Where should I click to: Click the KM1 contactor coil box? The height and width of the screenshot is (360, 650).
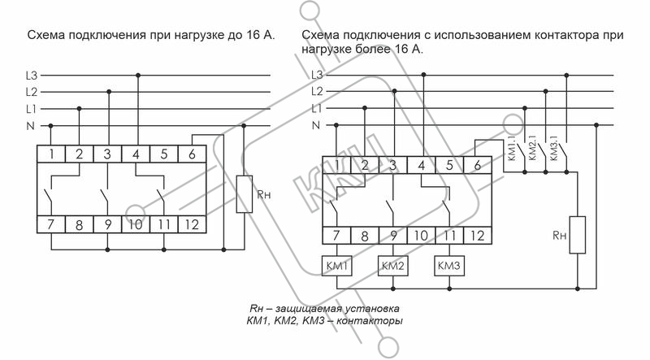[x=336, y=266]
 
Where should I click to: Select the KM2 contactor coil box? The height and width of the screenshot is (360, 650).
[x=393, y=266]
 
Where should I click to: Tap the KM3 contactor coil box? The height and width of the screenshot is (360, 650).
[x=449, y=266]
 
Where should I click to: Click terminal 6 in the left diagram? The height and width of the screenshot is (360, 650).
[x=192, y=154]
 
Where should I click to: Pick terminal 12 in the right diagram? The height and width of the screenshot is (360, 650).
[x=478, y=236]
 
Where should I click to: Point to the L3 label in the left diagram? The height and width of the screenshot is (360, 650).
[x=32, y=76]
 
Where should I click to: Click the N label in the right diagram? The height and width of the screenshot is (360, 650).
[x=316, y=125]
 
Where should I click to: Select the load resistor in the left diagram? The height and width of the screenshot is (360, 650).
[x=245, y=194]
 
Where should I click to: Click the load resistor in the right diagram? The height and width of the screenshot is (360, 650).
[x=578, y=235]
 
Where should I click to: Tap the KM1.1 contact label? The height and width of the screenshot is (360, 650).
[x=512, y=150]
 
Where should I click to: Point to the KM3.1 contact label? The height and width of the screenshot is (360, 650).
[x=554, y=147]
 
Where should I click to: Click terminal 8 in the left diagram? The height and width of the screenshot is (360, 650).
[x=79, y=224]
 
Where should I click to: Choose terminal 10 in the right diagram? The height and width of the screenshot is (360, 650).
[x=421, y=236]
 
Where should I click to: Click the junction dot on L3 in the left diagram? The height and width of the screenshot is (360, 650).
[x=138, y=76]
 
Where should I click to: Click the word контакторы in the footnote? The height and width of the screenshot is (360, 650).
[x=369, y=321]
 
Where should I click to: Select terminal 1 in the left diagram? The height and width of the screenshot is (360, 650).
[x=51, y=154]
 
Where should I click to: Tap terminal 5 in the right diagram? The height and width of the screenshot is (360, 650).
[x=449, y=165]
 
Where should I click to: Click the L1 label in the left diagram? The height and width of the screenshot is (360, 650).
[x=31, y=109]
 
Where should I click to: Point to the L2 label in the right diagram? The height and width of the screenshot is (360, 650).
[x=317, y=91]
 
